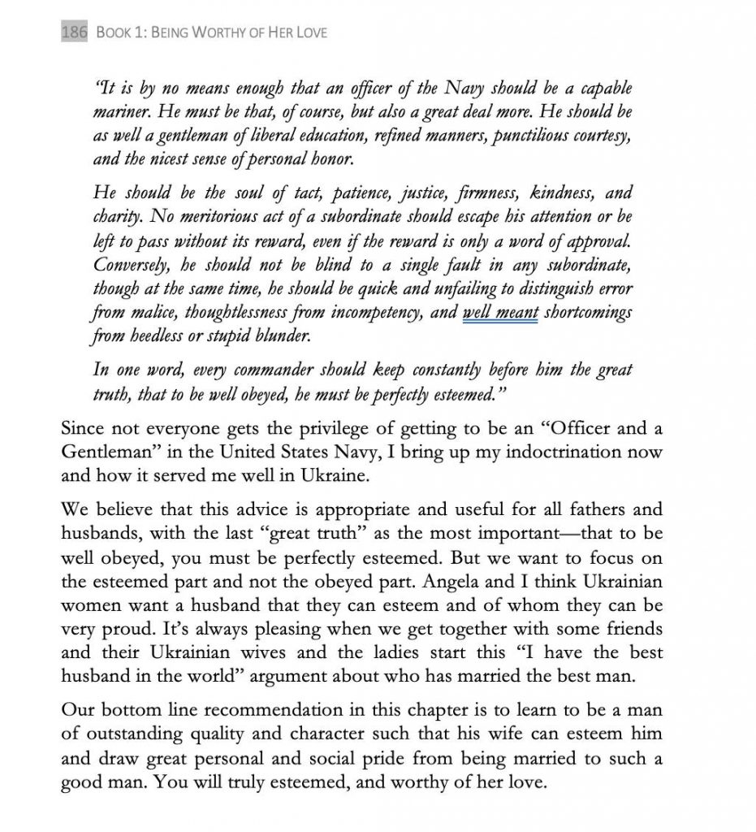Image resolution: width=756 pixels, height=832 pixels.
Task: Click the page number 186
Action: click(75, 33)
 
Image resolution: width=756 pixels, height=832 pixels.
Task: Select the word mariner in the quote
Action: click(121, 110)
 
